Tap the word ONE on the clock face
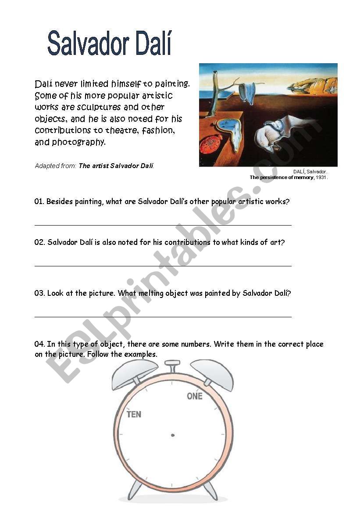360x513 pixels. (195, 396)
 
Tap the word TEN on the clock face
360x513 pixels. (134, 414)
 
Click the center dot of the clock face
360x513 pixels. (172, 435)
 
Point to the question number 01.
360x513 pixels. (39, 202)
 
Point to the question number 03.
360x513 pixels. (39, 294)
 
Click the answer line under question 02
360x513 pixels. (163, 266)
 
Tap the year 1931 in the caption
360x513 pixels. (321, 178)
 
